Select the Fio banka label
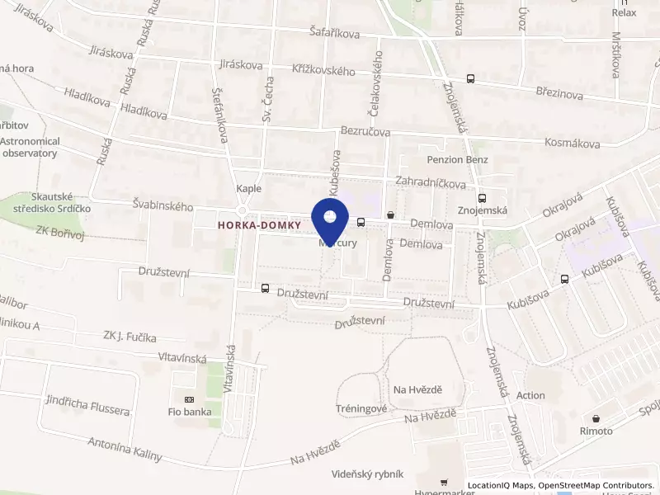(x=189, y=412)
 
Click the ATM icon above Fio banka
(x=189, y=399)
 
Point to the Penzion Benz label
(x=457, y=159)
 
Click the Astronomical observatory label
(x=30, y=147)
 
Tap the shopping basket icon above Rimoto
(x=596, y=418)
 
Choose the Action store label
(x=530, y=395)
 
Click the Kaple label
(x=248, y=188)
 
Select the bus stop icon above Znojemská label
(x=482, y=198)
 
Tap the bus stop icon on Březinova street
(x=470, y=79)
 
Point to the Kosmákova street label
(x=572, y=143)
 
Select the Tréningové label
(x=361, y=408)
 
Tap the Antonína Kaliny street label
(x=125, y=449)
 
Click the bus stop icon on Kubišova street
(x=564, y=279)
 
